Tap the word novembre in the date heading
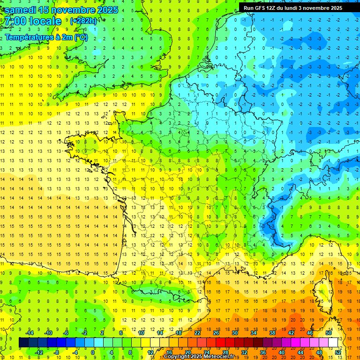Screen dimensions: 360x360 point(74,10)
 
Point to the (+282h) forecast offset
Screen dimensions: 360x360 point(83,21)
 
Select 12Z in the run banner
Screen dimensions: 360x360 point(272,8)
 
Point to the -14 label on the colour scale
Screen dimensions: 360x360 point(29,333)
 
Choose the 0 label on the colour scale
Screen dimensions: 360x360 point(93,352)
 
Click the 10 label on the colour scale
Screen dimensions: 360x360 point(141,333)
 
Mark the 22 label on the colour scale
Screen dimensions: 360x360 point(197,333)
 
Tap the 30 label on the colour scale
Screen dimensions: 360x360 point(234,333)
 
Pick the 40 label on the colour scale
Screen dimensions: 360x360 point(281,352)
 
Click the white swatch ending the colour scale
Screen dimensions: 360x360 point(333,343)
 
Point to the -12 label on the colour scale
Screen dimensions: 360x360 point(39,352)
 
